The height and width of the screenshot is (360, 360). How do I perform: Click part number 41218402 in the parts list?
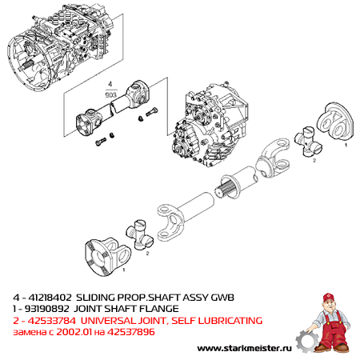(50, 297)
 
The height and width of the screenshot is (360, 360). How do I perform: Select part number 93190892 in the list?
(46, 309)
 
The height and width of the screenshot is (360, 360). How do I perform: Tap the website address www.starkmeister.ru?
(244, 348)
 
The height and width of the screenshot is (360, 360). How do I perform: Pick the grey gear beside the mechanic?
(306, 341)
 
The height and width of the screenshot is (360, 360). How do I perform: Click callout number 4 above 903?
(110, 84)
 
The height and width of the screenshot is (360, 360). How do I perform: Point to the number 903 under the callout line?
(111, 95)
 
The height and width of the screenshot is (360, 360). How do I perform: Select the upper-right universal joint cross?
(308, 142)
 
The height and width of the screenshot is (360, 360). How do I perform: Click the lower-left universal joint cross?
(139, 234)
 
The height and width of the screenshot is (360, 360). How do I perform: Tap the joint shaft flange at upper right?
(335, 121)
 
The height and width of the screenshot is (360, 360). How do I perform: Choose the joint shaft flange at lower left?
(107, 256)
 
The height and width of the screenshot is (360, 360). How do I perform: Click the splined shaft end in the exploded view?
(226, 189)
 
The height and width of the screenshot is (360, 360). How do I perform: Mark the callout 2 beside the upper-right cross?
(314, 160)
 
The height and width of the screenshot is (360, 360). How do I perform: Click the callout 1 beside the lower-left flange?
(124, 270)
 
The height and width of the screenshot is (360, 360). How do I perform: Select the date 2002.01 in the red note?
(74, 332)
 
